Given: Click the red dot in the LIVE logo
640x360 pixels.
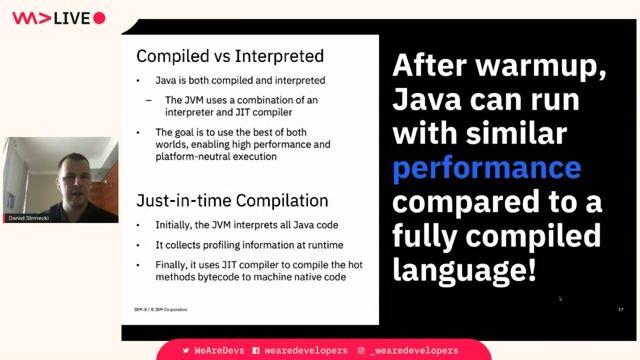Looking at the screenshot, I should pos(99,18).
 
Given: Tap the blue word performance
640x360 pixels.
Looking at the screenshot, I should pos(486,167).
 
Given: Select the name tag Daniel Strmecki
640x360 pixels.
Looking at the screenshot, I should pos(30,218).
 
